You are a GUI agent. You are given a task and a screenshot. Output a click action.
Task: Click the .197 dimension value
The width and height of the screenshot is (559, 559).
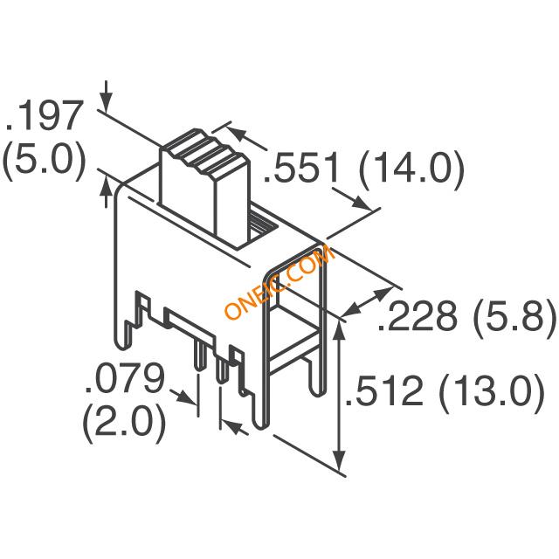click(45, 116)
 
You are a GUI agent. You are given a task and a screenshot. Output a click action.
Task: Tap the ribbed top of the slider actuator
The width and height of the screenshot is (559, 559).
click(205, 154)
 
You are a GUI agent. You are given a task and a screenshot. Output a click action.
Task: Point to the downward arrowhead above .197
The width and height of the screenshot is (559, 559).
click(106, 102)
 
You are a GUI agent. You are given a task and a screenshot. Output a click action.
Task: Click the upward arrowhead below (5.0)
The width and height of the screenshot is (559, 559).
click(106, 189)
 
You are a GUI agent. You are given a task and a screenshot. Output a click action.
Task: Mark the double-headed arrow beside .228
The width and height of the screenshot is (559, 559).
click(367, 301)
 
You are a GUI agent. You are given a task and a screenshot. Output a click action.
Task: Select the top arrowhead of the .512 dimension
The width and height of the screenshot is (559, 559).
click(340, 330)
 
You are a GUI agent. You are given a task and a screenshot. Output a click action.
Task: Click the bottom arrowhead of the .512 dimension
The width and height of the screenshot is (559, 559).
click(340, 459)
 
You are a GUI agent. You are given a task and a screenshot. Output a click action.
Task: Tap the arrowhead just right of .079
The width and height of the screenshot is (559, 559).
click(186, 397)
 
